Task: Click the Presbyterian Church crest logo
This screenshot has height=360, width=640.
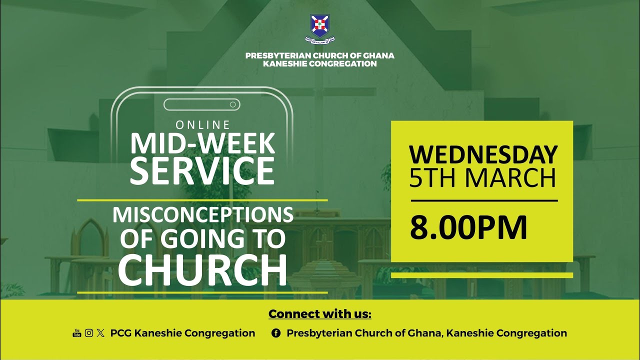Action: click(x=320, y=26)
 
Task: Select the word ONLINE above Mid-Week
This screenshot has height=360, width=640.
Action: click(x=202, y=124)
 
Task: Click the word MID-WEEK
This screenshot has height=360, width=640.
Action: click(x=202, y=143)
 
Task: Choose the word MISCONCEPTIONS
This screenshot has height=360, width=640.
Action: click(x=202, y=215)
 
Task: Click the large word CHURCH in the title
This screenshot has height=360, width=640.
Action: click(x=202, y=271)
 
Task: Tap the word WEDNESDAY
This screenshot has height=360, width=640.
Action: click(x=483, y=154)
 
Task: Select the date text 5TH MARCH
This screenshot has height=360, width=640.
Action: click(x=483, y=178)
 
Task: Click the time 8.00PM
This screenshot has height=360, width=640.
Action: click(x=469, y=228)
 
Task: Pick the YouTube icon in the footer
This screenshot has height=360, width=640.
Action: click(x=77, y=333)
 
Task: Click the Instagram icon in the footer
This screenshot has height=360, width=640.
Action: click(x=89, y=333)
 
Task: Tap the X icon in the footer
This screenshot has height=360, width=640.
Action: click(x=101, y=333)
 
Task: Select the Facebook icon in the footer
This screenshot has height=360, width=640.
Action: click(x=275, y=333)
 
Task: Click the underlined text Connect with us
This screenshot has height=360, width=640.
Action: click(x=320, y=314)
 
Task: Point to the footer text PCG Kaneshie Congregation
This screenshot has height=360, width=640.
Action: click(x=182, y=333)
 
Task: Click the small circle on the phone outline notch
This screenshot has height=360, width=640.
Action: click(x=232, y=104)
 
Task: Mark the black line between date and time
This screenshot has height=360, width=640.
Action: click(x=484, y=200)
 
